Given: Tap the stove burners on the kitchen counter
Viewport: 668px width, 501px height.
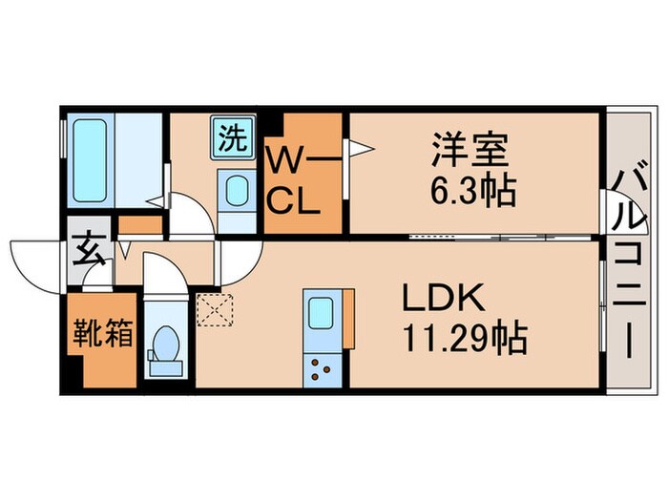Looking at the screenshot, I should point(318,368).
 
